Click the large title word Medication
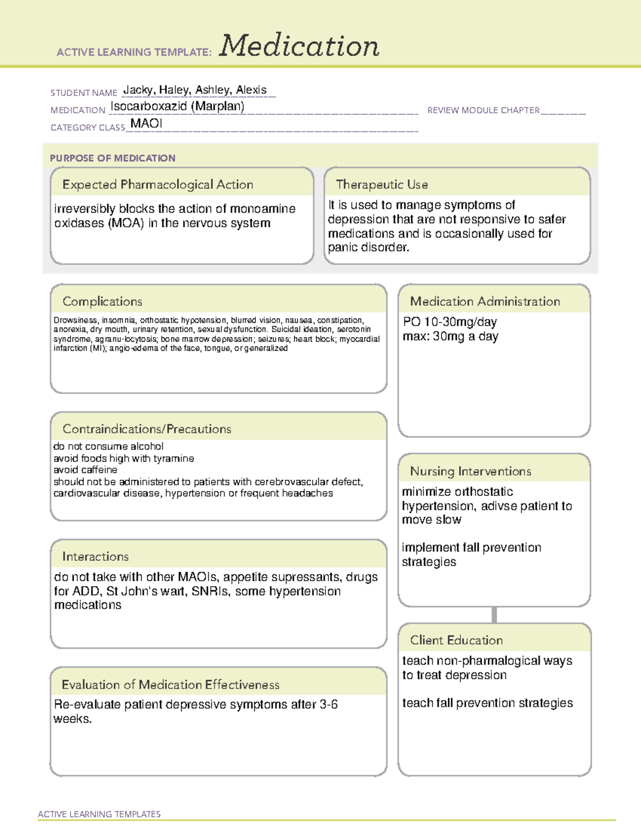tap(299, 46)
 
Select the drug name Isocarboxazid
tap(148, 106)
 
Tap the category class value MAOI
tap(146, 123)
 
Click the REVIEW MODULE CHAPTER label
tap(483, 110)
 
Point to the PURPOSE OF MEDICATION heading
tap(112, 158)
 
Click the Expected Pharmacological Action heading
tap(158, 184)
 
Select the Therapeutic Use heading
tap(381, 184)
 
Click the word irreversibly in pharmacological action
tap(84, 208)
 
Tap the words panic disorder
tap(368, 247)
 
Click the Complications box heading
tap(102, 301)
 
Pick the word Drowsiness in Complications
tap(75, 320)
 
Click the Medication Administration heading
tap(484, 301)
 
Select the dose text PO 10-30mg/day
tap(450, 322)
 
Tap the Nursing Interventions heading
tap(470, 471)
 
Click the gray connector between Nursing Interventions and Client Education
tap(494, 615)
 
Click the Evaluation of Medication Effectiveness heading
tap(170, 685)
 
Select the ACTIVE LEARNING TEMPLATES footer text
tap(99, 814)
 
